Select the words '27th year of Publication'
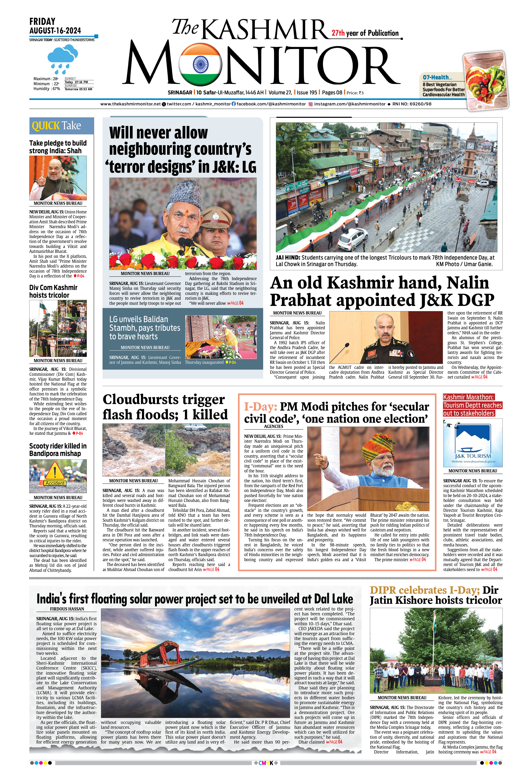[365, 33]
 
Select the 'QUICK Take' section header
[56, 126]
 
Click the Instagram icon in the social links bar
[311, 104]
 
